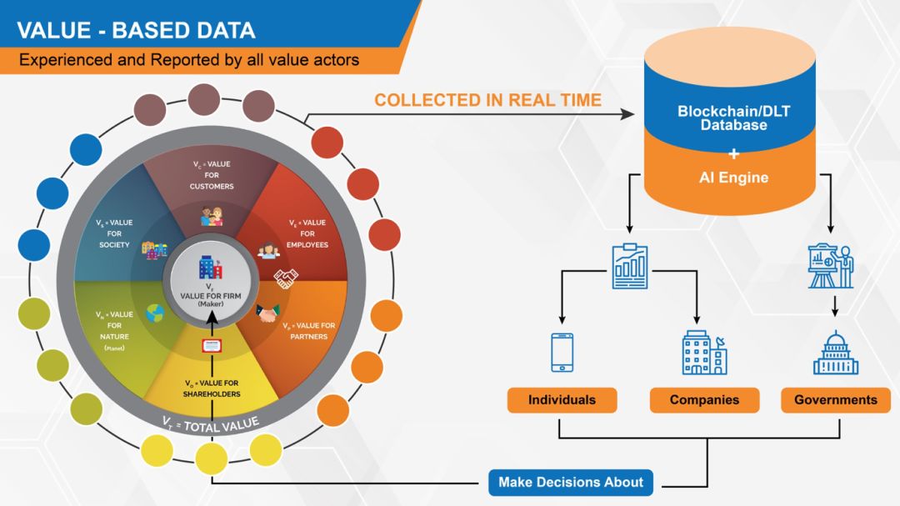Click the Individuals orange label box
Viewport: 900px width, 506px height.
(x=562, y=400)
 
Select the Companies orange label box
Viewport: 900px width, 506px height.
(x=704, y=400)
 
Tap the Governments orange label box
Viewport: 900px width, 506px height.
(x=835, y=400)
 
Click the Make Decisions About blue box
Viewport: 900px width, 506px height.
(x=571, y=482)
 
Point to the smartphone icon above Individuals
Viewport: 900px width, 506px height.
(x=562, y=352)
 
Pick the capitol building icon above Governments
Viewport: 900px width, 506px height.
(x=835, y=353)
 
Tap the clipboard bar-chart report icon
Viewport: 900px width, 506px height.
(x=630, y=266)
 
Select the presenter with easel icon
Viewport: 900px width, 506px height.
(x=831, y=266)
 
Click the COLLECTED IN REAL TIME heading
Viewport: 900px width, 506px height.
(x=487, y=100)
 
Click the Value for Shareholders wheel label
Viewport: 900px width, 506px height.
(x=212, y=388)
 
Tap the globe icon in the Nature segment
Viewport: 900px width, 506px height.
(x=155, y=314)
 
